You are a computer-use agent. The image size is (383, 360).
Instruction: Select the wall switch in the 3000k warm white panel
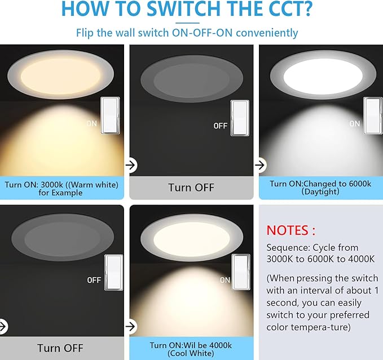coord(109,115)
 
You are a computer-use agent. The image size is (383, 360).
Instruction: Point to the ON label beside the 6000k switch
coord(354,124)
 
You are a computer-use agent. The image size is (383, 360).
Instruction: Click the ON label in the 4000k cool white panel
coord(225,280)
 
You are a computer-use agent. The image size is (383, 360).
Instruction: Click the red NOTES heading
coord(290,230)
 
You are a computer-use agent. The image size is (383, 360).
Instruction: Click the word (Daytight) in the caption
coord(321,192)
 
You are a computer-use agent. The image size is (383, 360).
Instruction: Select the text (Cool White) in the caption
coord(191,353)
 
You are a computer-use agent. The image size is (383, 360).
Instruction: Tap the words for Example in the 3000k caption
coord(60,193)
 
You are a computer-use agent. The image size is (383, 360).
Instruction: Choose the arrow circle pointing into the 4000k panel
coord(131,326)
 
